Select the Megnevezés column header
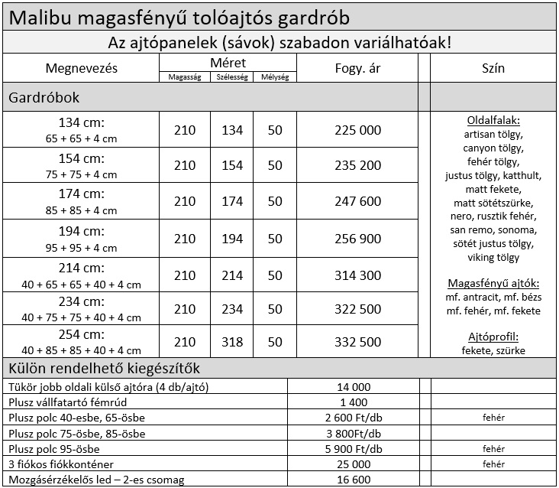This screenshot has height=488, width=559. pyautogui.click(x=82, y=68)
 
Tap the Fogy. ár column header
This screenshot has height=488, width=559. pyautogui.click(x=357, y=68)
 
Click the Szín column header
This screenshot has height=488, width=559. pyautogui.click(x=493, y=68)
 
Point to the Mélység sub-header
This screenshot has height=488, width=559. pyautogui.click(x=275, y=77)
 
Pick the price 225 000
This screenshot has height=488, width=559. pyautogui.click(x=357, y=130)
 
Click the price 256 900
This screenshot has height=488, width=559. pyautogui.click(x=357, y=239)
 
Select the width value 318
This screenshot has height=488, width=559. pyautogui.click(x=232, y=341)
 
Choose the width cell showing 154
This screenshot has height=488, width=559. pyautogui.click(x=232, y=165)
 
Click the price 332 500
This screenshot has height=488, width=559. pyautogui.click(x=357, y=341)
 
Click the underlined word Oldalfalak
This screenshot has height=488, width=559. pyautogui.click(x=493, y=121)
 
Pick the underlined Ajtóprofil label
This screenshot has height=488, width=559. pyautogui.click(x=493, y=337)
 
